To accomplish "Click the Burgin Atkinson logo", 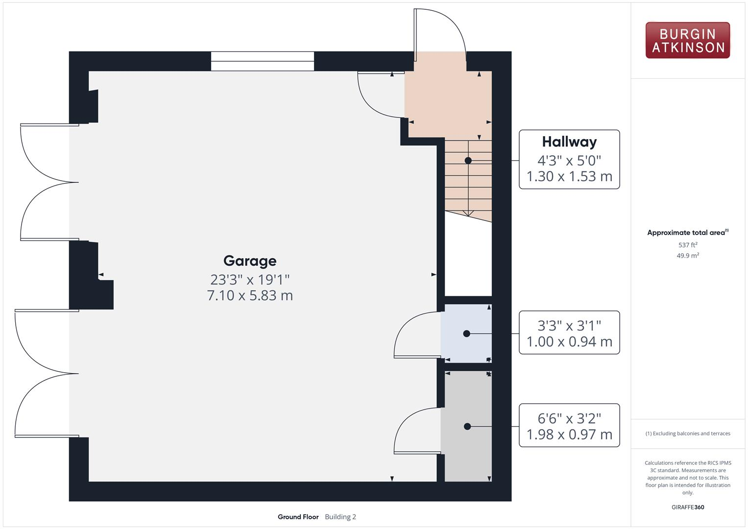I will click(687, 40).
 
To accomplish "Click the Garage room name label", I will click(250, 261).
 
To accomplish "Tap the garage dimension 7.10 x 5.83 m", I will click(250, 295).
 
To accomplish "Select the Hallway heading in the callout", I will click(569, 142).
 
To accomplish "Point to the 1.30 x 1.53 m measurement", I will click(569, 176).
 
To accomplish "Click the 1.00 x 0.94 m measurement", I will click(569, 341).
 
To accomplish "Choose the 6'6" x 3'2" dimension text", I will click(569, 418).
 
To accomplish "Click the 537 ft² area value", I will click(687, 245).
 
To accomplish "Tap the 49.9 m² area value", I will click(687, 256).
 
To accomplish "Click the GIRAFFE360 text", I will click(687, 507).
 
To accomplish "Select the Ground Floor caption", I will click(298, 517).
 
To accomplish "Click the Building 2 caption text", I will click(340, 517).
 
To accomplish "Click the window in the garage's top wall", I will click(263, 61).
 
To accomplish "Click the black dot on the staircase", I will click(468, 161).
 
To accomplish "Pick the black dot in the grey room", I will click(467, 427).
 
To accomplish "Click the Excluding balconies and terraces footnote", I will click(688, 433).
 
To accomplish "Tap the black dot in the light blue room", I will click(466, 334).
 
